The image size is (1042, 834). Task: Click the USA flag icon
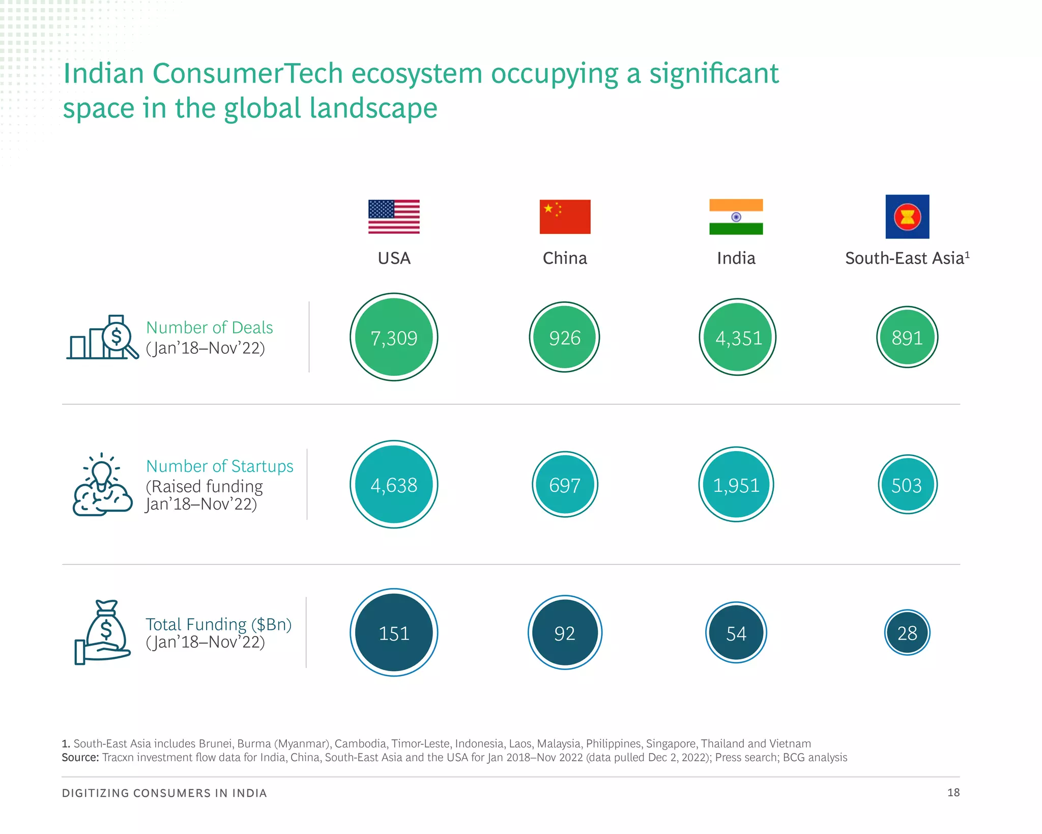(394, 216)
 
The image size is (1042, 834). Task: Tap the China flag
(565, 216)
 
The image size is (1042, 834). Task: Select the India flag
(736, 216)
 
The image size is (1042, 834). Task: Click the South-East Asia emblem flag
(907, 216)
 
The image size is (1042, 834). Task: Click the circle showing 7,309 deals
(394, 337)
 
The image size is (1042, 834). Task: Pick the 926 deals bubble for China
(565, 337)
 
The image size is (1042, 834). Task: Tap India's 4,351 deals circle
(737, 337)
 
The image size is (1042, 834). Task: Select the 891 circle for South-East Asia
(907, 337)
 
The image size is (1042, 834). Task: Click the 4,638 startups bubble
(394, 484)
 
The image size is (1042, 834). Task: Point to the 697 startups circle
(565, 484)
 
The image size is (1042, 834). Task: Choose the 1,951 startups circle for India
(736, 484)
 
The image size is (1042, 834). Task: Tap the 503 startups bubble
(907, 484)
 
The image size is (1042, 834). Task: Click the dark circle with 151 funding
(394, 632)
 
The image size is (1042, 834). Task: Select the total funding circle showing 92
(565, 632)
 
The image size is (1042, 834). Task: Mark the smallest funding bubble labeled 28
(907, 632)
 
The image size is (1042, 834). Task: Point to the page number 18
(953, 792)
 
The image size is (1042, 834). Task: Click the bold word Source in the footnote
(80, 757)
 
